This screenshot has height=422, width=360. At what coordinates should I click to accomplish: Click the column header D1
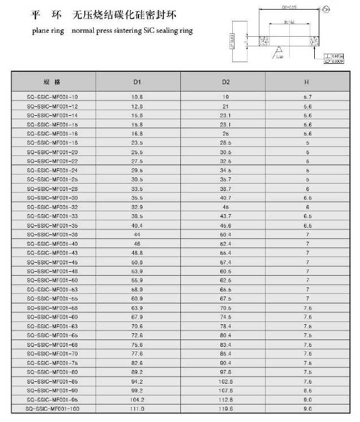coord(137,82)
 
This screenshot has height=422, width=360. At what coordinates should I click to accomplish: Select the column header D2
coord(225,82)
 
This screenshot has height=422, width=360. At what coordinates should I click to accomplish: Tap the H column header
coord(307,82)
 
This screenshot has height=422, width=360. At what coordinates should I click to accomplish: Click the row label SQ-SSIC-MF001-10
coord(53,97)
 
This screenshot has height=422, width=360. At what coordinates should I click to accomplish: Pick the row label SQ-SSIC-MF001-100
coord(53,408)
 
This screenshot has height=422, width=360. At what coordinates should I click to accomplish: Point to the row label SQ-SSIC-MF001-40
coord(53,243)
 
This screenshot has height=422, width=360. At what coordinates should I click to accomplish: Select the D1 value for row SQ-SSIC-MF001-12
coord(137,106)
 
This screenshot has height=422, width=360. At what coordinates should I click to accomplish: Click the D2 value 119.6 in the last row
coord(225,408)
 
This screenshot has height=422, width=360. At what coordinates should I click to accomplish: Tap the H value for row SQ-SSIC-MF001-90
coord(307,390)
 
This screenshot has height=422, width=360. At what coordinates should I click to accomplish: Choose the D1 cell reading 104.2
coord(137,399)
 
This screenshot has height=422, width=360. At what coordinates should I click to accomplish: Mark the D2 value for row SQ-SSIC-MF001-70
coord(225,354)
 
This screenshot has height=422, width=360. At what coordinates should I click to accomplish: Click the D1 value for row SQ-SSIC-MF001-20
coord(137,152)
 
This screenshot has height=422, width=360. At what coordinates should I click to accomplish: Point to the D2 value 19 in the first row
coord(225,97)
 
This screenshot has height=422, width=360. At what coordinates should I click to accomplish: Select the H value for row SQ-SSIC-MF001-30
coord(307,198)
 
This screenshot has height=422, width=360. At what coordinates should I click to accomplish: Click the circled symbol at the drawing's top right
coord(326,10)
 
